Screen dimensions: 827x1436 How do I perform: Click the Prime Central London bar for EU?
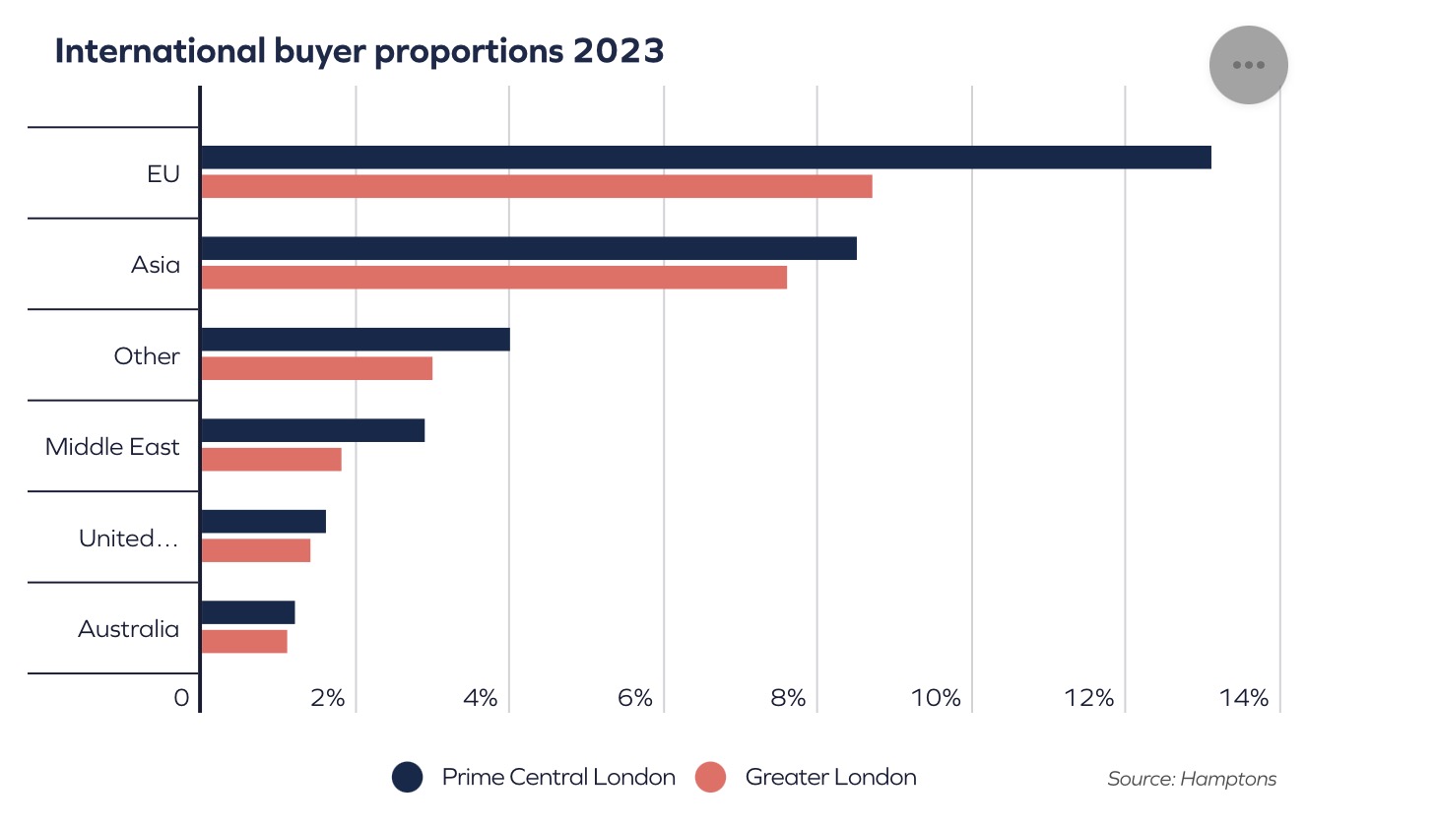(x=705, y=158)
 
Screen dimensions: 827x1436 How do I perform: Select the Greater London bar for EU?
(x=537, y=186)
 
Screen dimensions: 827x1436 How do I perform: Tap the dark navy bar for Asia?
(x=528, y=248)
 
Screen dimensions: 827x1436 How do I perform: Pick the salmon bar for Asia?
(x=493, y=278)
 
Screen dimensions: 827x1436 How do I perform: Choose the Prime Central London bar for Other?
(x=355, y=340)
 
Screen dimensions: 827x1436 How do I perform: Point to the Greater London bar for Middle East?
(x=271, y=460)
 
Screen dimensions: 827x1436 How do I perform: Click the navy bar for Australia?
(x=247, y=612)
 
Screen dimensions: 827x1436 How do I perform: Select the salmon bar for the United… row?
(x=255, y=550)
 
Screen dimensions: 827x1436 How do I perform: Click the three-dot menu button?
(x=1248, y=65)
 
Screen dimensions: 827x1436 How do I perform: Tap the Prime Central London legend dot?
(x=408, y=777)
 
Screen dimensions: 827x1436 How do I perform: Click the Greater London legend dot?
(x=710, y=777)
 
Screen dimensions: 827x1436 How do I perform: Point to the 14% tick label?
(x=1244, y=698)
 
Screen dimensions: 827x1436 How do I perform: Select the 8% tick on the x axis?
(x=788, y=698)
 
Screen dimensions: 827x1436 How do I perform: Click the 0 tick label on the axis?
(x=181, y=698)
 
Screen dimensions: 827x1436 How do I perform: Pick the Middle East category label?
(x=112, y=447)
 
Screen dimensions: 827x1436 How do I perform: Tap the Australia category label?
(x=128, y=629)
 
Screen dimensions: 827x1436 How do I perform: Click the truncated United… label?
(x=128, y=539)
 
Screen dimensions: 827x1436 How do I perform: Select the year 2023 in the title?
(x=619, y=51)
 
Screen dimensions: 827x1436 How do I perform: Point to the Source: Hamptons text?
(x=1192, y=779)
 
